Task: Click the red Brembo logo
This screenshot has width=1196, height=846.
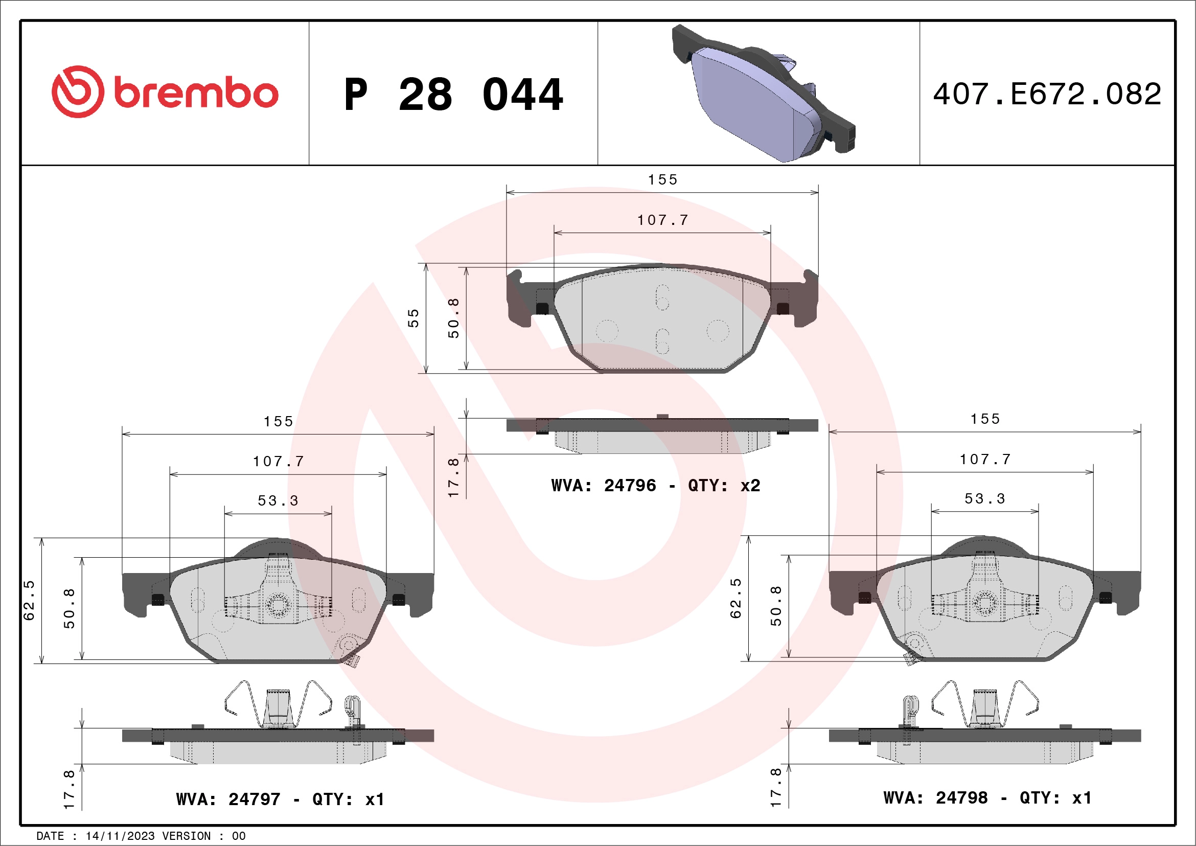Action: (x=165, y=92)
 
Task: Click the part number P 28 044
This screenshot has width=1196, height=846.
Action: (x=454, y=95)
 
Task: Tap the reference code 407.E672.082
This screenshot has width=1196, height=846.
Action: (x=1047, y=94)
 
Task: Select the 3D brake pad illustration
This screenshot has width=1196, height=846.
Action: (x=763, y=93)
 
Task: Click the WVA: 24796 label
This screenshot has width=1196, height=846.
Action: (x=604, y=486)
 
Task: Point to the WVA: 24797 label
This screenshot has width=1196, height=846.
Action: (x=228, y=799)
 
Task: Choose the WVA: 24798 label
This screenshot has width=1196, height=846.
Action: (x=935, y=797)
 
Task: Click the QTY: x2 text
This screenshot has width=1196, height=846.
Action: (x=724, y=486)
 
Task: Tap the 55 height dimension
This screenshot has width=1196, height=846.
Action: (x=413, y=318)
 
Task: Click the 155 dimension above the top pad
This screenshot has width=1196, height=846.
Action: (x=662, y=180)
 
